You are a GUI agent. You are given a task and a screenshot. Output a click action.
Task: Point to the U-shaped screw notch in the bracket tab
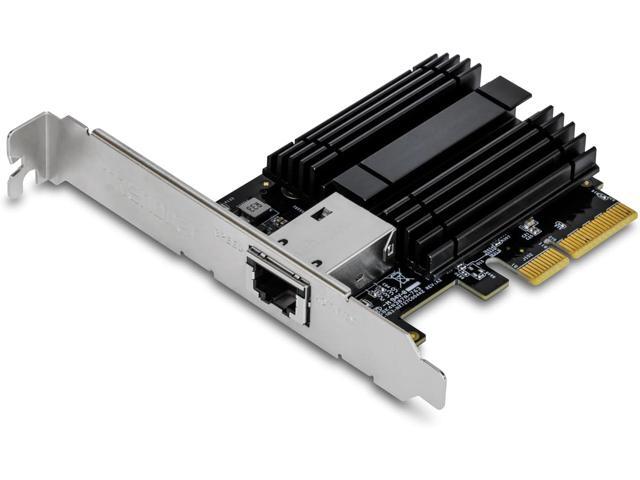tap(19, 160)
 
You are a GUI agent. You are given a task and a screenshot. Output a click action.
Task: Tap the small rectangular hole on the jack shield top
tap(322, 212)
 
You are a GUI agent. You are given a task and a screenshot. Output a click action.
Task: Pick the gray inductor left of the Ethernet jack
tap(253, 209)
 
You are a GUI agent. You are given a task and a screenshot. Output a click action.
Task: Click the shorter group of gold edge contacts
tap(543, 262)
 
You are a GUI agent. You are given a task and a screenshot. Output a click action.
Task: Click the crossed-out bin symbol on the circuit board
tap(399, 276)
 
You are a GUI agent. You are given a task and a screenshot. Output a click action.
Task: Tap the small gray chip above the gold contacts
tap(530, 229)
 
